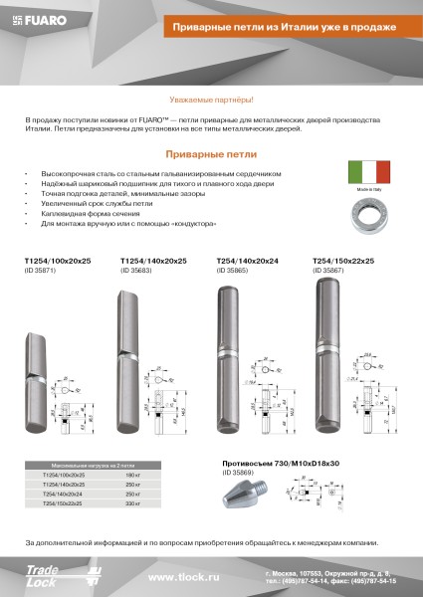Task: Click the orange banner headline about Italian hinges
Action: pos(278,25)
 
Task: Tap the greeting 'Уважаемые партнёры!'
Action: pos(211,101)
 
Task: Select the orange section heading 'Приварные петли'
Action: pos(211,155)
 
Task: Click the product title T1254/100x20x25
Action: pos(56,261)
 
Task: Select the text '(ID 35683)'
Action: pos(135,270)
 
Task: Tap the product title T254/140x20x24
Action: pos(247,261)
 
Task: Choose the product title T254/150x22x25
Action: pos(343,261)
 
